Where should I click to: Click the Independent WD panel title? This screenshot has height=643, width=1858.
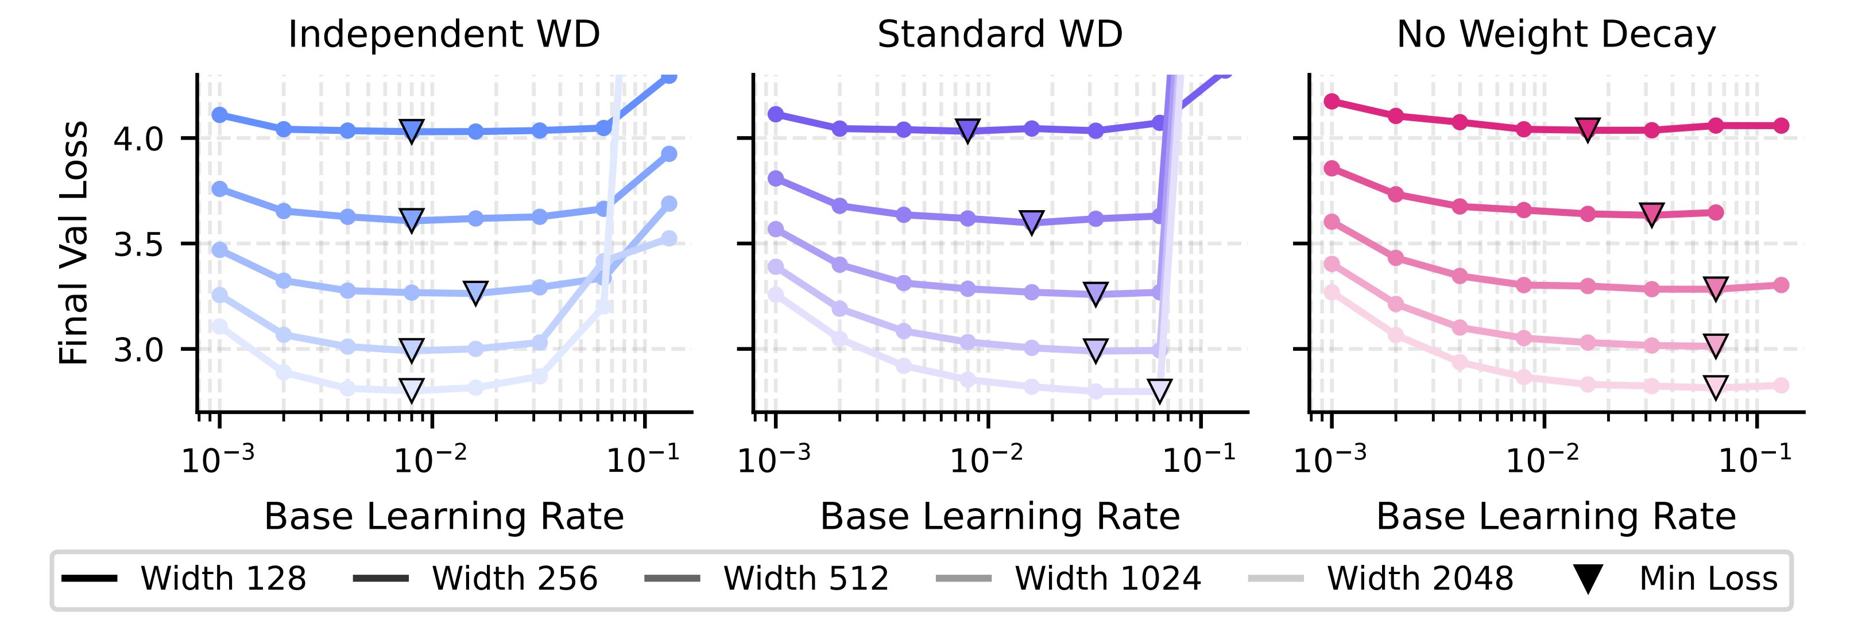(444, 34)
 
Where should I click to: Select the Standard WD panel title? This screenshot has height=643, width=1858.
(1000, 34)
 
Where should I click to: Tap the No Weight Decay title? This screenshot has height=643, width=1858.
(1556, 34)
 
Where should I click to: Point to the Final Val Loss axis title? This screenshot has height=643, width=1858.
(73, 243)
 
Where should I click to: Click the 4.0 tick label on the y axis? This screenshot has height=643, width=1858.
(138, 138)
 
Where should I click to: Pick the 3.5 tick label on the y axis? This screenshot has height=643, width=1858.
(138, 245)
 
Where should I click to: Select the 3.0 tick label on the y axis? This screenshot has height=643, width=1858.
(138, 350)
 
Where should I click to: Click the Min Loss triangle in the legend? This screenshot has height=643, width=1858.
(1588, 579)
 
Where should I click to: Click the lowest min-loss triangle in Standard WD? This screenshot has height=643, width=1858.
(1160, 391)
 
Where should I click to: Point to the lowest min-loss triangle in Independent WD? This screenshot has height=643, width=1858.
(411, 389)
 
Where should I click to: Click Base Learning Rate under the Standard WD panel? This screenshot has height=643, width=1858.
(1000, 517)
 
